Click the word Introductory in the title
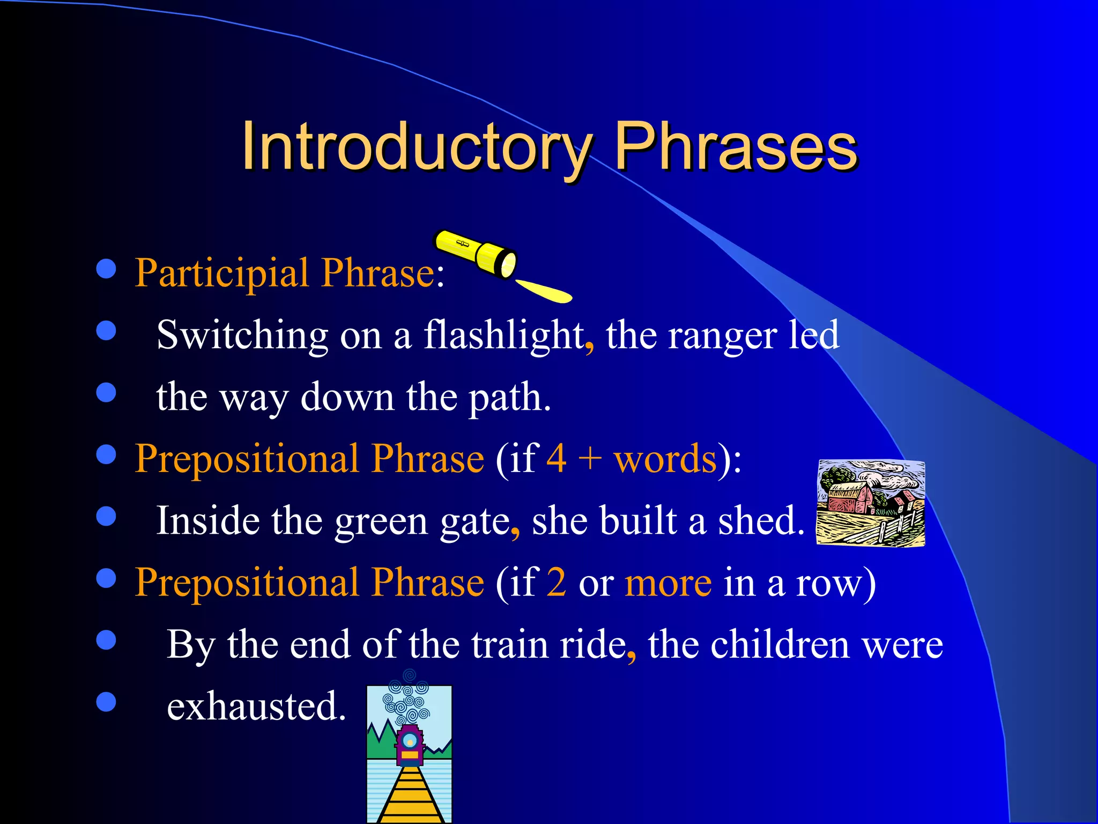[416, 146]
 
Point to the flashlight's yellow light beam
[544, 291]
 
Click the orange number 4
[556, 459]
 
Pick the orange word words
[665, 459]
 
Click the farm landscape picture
[870, 503]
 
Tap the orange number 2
[557, 583]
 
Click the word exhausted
[256, 707]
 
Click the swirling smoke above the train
[408, 697]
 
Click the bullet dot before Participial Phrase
[106, 269]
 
